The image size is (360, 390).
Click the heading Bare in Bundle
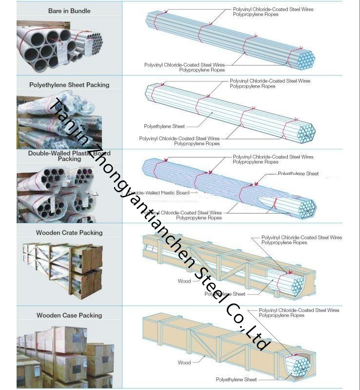click(69, 11)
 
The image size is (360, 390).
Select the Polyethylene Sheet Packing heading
click(69, 85)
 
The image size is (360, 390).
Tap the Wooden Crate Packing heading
click(69, 233)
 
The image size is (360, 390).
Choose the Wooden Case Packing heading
click(69, 315)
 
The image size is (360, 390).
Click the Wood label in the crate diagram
click(184, 281)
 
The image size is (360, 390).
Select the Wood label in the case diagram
click(184, 363)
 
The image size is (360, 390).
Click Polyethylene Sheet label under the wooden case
click(236, 379)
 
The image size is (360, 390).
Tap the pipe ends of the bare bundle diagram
click(306, 60)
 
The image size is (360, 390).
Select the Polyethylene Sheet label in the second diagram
click(164, 126)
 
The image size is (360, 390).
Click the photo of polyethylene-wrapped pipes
click(59, 122)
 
